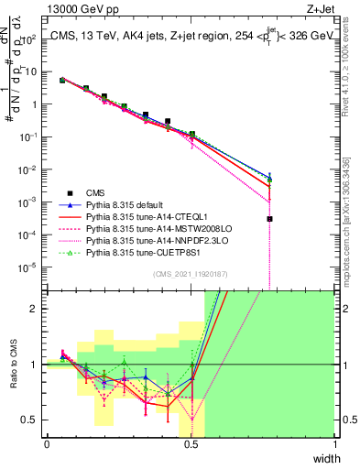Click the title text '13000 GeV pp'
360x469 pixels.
click(76, 7)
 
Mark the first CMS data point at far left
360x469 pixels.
click(62, 81)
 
